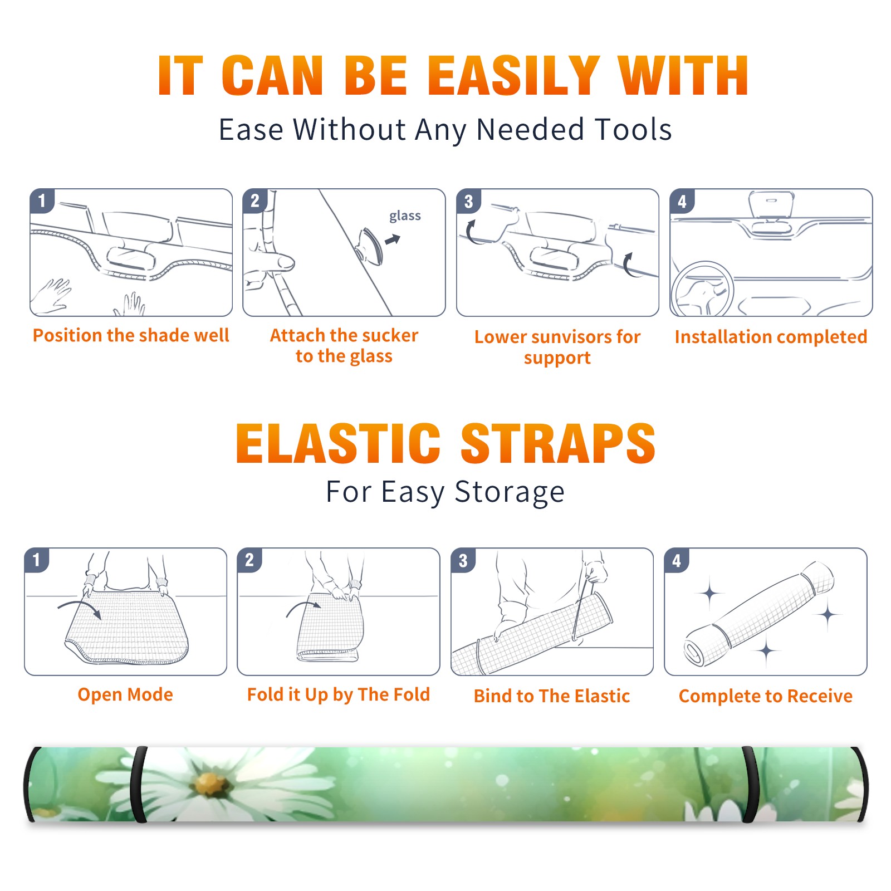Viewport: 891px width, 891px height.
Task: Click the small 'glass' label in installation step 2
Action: click(405, 216)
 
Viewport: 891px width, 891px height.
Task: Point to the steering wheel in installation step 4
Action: click(702, 289)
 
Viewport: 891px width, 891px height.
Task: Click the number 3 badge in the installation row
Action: click(469, 201)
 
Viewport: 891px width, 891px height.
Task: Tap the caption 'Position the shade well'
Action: click(131, 335)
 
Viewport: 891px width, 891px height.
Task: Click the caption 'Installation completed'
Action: click(771, 337)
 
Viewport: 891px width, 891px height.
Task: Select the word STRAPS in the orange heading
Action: click(558, 443)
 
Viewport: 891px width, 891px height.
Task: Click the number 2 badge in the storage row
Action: click(249, 560)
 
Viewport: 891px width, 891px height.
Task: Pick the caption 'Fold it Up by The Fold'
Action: click(339, 694)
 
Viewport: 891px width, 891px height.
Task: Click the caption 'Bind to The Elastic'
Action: click(552, 696)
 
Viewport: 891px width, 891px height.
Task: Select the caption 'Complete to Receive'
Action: click(766, 696)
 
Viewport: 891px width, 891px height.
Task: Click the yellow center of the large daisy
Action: click(210, 784)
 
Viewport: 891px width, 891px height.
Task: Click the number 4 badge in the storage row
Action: click(677, 560)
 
